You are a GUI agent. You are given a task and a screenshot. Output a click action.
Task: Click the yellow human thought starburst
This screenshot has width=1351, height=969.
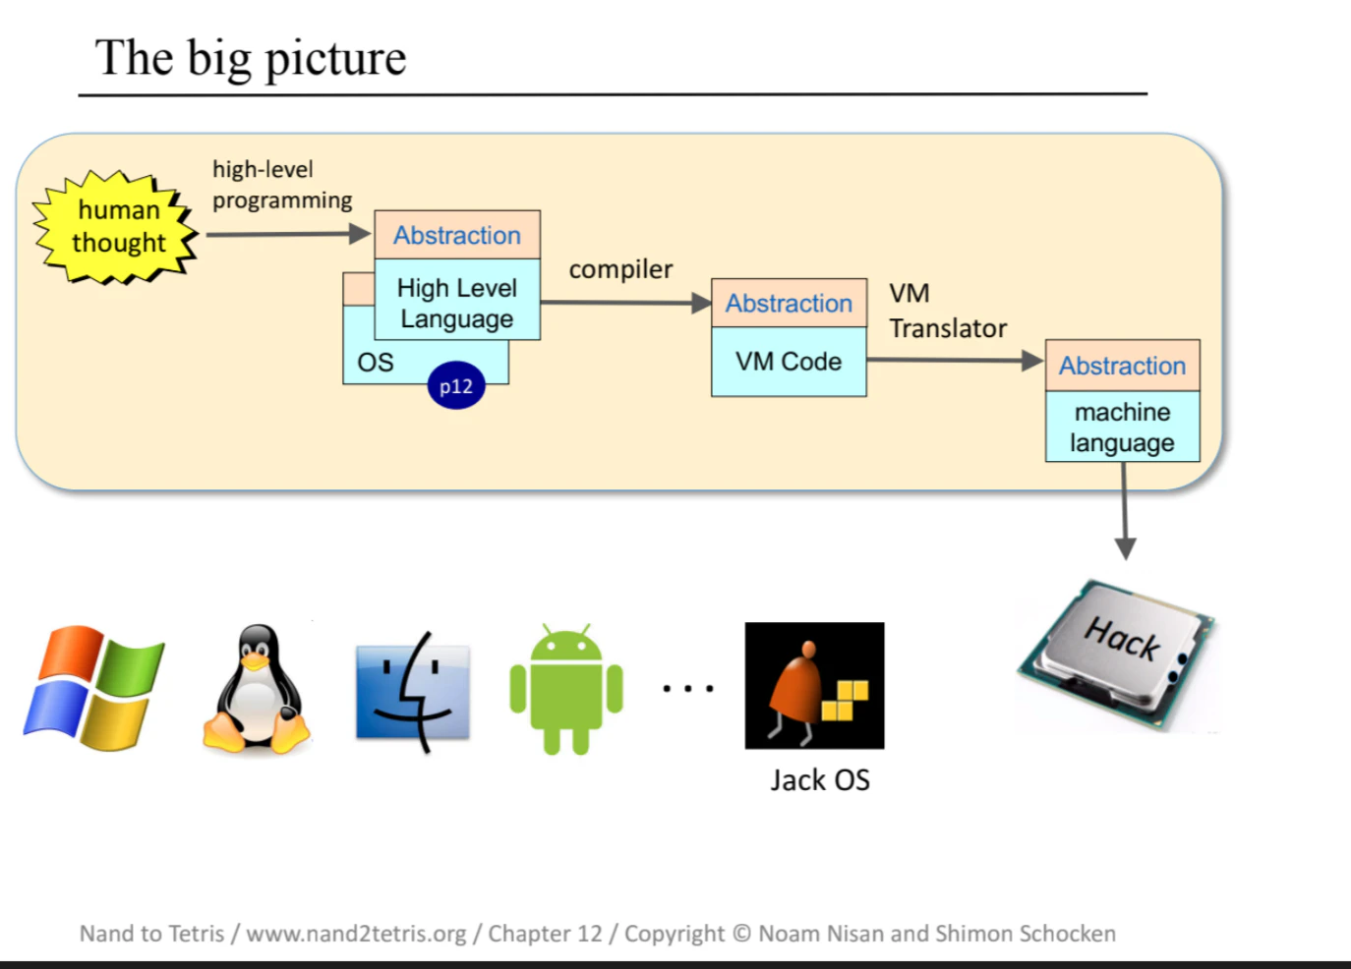[115, 227]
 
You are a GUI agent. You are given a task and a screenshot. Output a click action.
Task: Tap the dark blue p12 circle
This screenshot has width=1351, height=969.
[456, 385]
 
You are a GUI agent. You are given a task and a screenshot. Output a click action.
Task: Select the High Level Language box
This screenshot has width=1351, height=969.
[457, 300]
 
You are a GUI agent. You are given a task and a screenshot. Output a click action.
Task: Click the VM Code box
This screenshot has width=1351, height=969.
[789, 362]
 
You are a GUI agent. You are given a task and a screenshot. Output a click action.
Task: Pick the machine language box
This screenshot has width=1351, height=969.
[1123, 427]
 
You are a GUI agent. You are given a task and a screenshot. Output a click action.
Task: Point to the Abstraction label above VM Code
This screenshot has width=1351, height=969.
[789, 304]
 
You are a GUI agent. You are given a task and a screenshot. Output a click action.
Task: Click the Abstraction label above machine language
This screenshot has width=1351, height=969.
[1123, 366]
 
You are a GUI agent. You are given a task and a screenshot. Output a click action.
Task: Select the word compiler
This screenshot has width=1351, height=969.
[620, 269]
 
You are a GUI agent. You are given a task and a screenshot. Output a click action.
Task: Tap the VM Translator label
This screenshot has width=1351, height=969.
[948, 312]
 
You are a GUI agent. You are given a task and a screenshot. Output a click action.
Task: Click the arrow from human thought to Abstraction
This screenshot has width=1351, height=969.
[288, 234]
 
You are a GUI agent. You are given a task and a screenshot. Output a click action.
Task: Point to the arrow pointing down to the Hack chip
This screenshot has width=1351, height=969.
[1125, 511]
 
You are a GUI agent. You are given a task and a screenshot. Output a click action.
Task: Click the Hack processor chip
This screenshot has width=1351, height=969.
[1116, 655]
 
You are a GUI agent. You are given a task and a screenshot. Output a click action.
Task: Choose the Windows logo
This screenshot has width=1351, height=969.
[93, 688]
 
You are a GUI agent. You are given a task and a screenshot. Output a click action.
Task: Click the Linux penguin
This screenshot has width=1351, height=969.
[257, 689]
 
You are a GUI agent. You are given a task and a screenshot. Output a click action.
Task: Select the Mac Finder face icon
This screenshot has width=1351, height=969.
[413, 692]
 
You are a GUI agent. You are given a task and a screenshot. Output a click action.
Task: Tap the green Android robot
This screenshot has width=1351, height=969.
[566, 689]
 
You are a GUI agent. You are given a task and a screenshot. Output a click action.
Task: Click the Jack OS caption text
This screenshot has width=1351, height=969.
[820, 779]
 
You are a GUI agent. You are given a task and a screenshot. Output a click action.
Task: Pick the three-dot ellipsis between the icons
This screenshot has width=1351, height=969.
[688, 688]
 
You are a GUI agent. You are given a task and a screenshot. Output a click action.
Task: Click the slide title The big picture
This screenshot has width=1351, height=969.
[251, 59]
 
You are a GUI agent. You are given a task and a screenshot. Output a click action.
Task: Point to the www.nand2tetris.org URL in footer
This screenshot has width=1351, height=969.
[357, 934]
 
